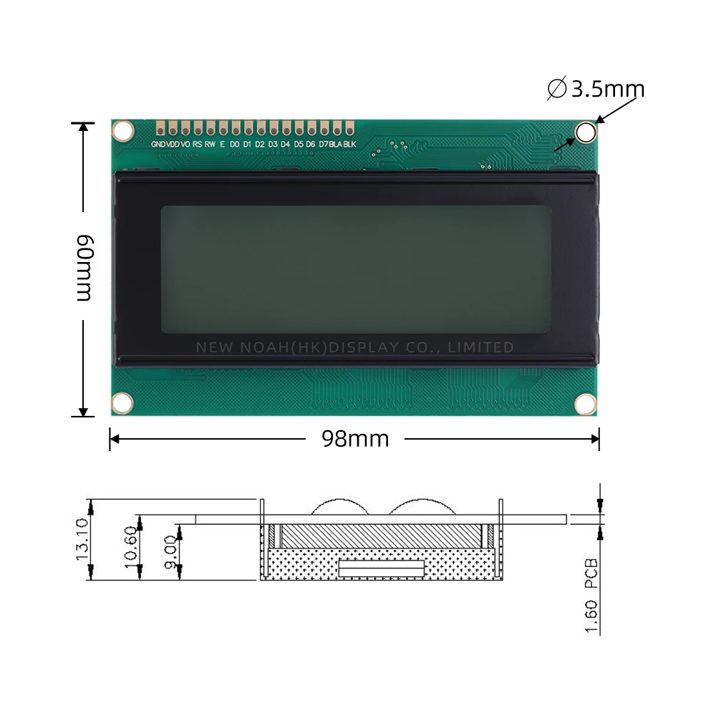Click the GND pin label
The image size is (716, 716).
click(158, 145)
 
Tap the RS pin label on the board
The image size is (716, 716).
click(197, 145)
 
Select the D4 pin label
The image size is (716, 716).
click(285, 145)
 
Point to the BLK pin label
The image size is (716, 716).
click(349, 145)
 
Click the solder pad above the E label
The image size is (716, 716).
click(222, 129)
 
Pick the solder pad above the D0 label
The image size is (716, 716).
click(235, 129)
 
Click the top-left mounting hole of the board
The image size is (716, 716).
click(124, 131)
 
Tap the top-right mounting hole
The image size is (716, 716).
click(586, 132)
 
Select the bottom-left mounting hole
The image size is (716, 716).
click(123, 402)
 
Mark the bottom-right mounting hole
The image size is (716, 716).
click(586, 404)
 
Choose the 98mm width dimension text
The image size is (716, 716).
click(355, 439)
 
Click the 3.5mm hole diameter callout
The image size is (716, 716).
click(596, 89)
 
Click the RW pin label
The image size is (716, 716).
click(210, 145)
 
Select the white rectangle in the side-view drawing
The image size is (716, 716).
click(382, 569)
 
